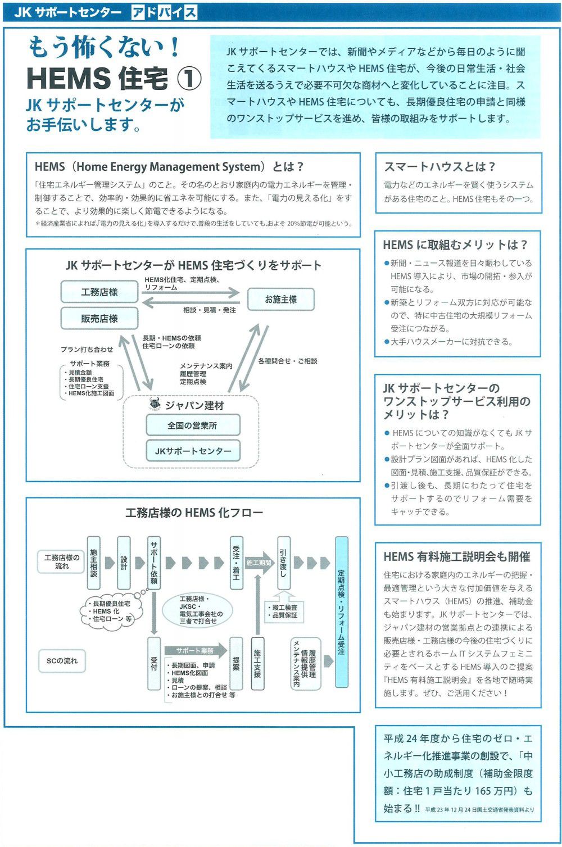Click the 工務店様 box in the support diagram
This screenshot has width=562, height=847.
pyautogui.click(x=99, y=292)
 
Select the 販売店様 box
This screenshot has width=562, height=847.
pyautogui.click(x=99, y=319)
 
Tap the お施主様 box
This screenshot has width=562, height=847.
pyautogui.click(x=280, y=300)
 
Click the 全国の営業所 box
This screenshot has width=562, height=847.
pyautogui.click(x=192, y=425)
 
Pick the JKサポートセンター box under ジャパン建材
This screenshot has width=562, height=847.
pyautogui.click(x=193, y=451)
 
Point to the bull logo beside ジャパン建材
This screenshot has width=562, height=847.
pyautogui.click(x=155, y=405)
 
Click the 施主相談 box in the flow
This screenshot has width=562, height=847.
pyautogui.click(x=93, y=563)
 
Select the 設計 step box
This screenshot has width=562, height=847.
pyautogui.click(x=124, y=563)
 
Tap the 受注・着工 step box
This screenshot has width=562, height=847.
pyautogui.click(x=237, y=563)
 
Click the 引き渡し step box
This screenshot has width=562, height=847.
pyautogui.click(x=284, y=563)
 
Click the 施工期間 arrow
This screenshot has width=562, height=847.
pyautogui.click(x=259, y=563)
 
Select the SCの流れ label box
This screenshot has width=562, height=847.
pyautogui.click(x=62, y=661)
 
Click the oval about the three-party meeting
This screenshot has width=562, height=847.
pyautogui.click(x=201, y=610)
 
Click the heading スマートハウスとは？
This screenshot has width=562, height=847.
pyautogui.click(x=439, y=167)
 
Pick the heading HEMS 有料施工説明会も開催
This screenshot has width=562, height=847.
pyautogui.click(x=456, y=557)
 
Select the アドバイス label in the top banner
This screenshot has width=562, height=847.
pyautogui.click(x=164, y=12)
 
